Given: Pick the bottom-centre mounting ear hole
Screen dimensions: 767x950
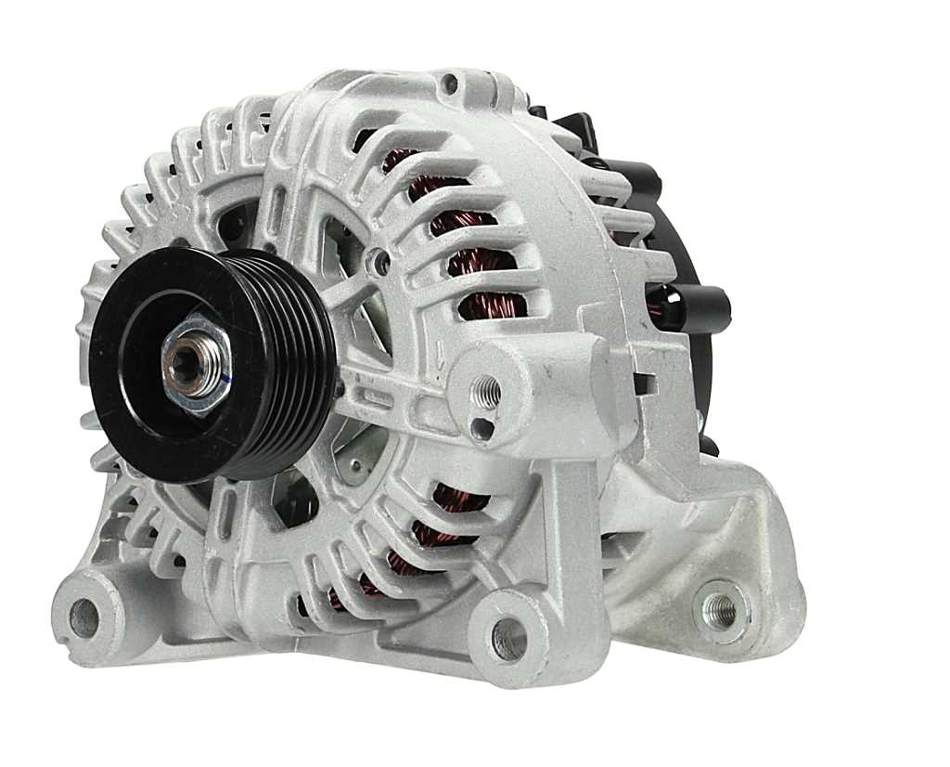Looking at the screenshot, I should click(507, 638).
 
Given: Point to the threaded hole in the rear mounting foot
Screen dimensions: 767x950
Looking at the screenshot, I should click(719, 609).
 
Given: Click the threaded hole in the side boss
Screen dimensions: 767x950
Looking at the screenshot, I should click(485, 392).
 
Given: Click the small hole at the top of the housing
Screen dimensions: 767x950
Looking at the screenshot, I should click(450, 85).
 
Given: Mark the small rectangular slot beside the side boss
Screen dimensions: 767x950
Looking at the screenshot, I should click(641, 382).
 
